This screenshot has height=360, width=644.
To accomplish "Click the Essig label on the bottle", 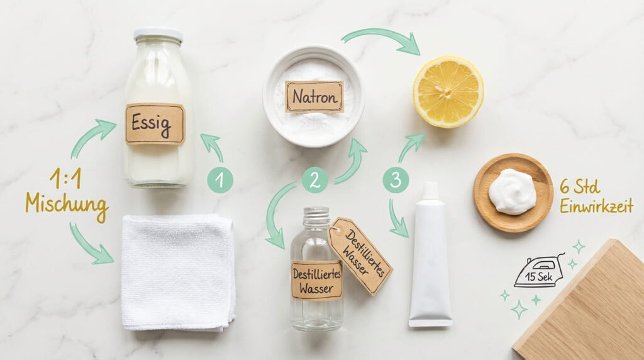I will click(155, 124).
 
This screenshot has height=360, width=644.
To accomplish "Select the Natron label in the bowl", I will click(314, 96).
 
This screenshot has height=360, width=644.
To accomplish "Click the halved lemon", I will click(448, 91).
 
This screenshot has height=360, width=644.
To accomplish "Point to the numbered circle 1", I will click(220, 181).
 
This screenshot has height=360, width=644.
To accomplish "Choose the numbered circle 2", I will click(314, 180).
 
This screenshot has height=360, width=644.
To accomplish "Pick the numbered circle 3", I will click(396, 180).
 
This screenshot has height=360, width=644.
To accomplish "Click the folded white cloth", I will click(178, 271).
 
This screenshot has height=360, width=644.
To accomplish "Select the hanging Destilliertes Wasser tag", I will click(360, 256).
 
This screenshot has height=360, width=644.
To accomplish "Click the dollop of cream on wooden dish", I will click(512, 191).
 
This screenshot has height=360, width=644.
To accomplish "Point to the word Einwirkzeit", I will click(596, 206).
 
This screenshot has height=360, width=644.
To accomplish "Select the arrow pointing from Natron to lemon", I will click(382, 39).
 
